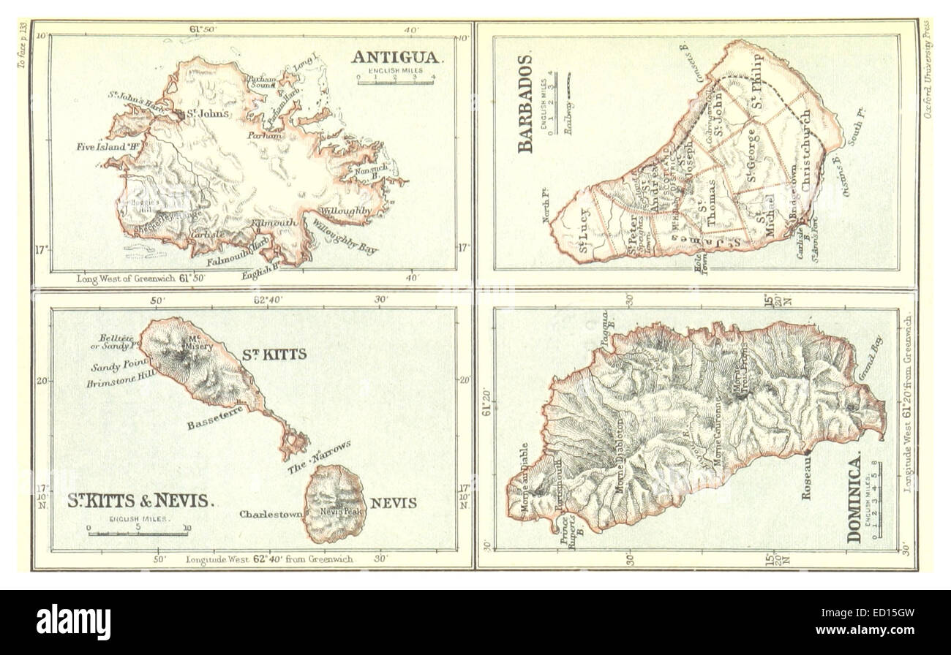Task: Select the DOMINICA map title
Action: click(x=854, y=497)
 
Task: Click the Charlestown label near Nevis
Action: click(x=271, y=514)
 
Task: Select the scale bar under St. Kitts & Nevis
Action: click(x=138, y=531)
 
